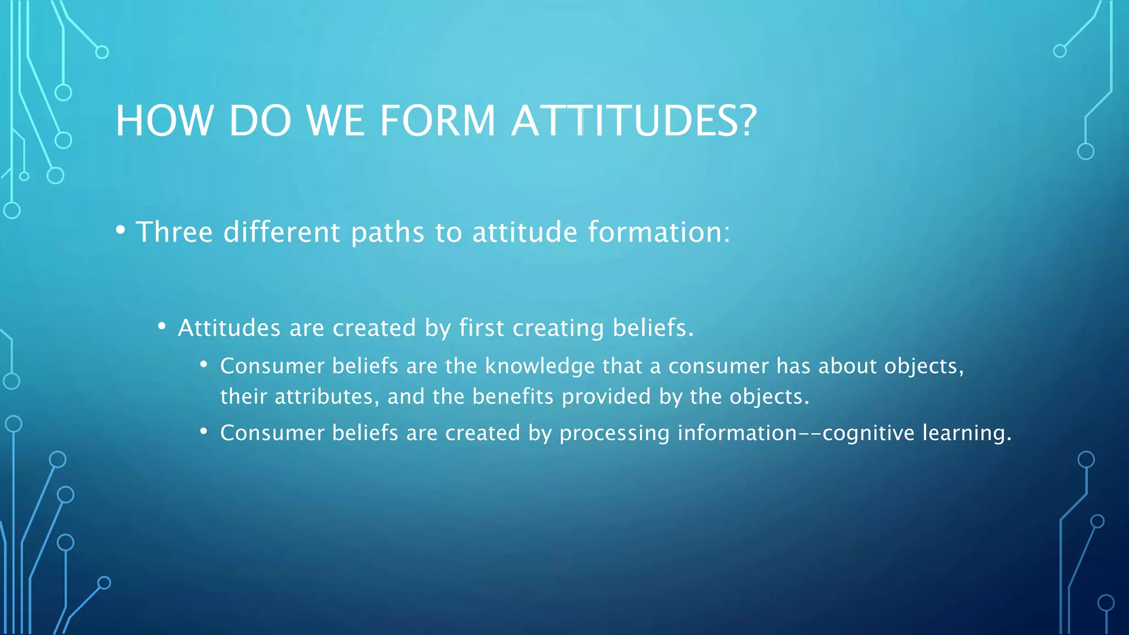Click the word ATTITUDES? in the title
pos(634,121)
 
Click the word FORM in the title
pos(438,121)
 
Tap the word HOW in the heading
pos(164,121)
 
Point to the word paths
pos(388,233)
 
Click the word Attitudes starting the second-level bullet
pos(229,328)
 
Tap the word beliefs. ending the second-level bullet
pos(653,328)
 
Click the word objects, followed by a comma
pos(924,367)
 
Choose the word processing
pos(614,433)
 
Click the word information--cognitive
pos(796,433)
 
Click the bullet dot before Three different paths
pos(121,230)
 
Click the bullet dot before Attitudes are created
pos(162,326)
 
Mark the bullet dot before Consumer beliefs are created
pos(204,431)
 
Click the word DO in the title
pos(260,121)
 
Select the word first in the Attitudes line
pos(481,328)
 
